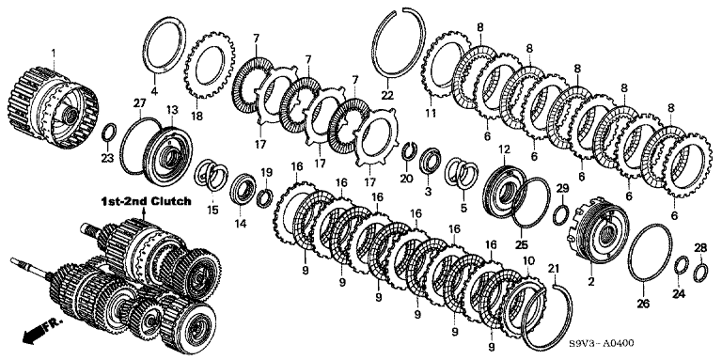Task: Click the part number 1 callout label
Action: tap(54, 54)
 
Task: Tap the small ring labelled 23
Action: tap(109, 133)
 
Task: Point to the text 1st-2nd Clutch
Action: tap(146, 202)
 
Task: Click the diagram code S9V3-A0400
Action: tap(601, 343)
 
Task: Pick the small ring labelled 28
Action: tap(700, 273)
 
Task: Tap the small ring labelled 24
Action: tap(682, 267)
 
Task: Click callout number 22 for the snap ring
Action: tap(387, 95)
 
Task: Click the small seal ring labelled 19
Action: tap(265, 197)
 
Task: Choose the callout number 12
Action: tap(504, 149)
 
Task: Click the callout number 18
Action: tap(196, 116)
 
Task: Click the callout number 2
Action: tap(590, 281)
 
